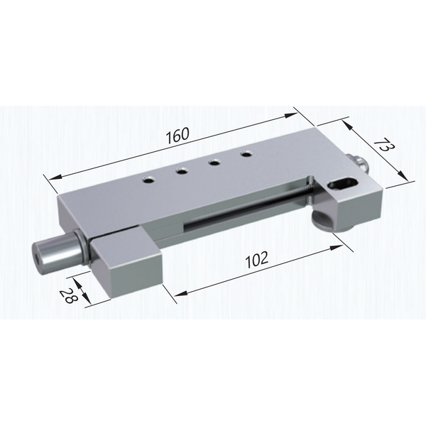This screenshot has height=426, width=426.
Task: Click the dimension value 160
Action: point(178,136)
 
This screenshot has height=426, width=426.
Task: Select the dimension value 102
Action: point(257,259)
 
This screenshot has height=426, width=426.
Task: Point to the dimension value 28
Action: point(68,295)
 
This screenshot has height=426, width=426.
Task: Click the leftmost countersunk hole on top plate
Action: point(149,180)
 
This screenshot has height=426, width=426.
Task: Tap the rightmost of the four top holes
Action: point(246,154)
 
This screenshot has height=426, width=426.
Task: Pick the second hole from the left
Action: point(181,171)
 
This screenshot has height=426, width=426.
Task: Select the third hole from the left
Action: point(214,163)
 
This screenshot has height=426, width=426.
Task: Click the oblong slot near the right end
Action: point(344,184)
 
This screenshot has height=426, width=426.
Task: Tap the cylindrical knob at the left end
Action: point(55,252)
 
